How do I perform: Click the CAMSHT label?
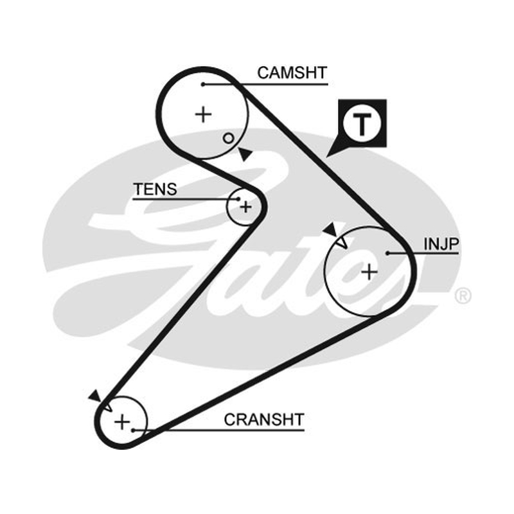(x=292, y=73)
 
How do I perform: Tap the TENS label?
(x=155, y=189)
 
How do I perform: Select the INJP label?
(x=441, y=244)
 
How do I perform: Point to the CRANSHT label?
(x=264, y=420)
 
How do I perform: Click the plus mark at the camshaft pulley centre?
(x=203, y=114)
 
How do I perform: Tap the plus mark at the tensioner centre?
(x=245, y=207)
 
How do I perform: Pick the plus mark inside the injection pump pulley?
(x=369, y=272)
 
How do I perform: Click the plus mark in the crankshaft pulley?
(x=122, y=421)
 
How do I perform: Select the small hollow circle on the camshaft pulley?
(x=228, y=138)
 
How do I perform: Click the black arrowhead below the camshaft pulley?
(x=245, y=154)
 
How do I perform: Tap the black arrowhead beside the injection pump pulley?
(x=331, y=230)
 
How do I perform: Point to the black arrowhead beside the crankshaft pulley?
(x=95, y=396)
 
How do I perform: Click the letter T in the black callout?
(x=362, y=124)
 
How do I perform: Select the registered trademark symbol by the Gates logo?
(x=463, y=296)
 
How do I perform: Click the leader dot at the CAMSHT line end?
(x=203, y=85)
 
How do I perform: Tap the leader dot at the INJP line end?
(x=387, y=253)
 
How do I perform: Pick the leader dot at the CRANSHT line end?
(x=133, y=430)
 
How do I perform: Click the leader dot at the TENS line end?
(x=238, y=199)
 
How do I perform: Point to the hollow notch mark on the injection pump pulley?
(x=342, y=243)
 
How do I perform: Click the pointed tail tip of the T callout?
(x=326, y=157)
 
